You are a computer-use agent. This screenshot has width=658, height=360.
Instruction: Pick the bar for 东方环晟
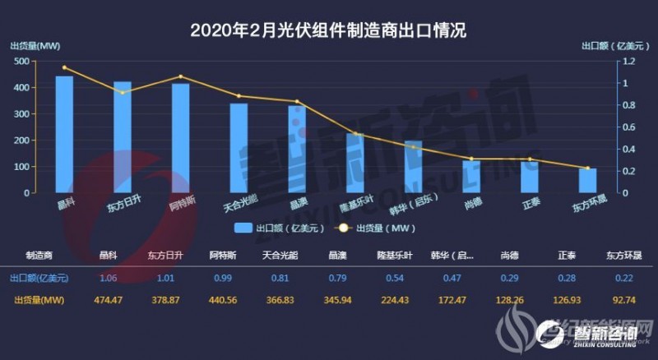(x=587, y=180)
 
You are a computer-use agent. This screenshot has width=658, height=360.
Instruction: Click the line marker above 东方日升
(x=123, y=93)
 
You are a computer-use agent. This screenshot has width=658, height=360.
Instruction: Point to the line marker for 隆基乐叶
(x=355, y=133)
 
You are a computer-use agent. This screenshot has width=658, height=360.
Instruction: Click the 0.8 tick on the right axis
(x=629, y=105)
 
